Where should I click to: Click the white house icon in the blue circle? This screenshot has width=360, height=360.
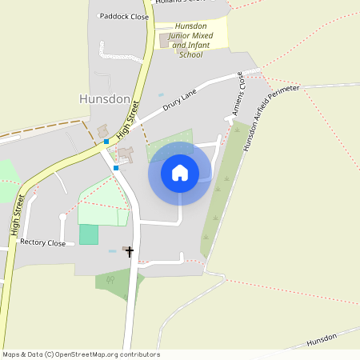click(x=180, y=173)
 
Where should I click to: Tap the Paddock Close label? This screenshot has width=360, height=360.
click(x=123, y=15)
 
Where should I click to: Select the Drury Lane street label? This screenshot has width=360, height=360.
click(x=179, y=100)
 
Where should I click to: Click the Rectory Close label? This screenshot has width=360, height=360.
click(x=42, y=242)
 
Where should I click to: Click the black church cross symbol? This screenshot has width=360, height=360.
click(x=130, y=251)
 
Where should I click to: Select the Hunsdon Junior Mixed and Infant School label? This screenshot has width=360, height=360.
click(x=190, y=40)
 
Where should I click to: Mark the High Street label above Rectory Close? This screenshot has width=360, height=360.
click(x=16, y=210)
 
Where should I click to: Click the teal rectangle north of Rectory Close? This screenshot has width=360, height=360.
click(x=89, y=234)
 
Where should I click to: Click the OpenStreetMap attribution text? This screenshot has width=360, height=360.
click(x=81, y=354)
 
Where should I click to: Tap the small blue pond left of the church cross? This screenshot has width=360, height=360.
click(x=113, y=250)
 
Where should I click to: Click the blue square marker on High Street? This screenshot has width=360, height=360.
click(x=106, y=142)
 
